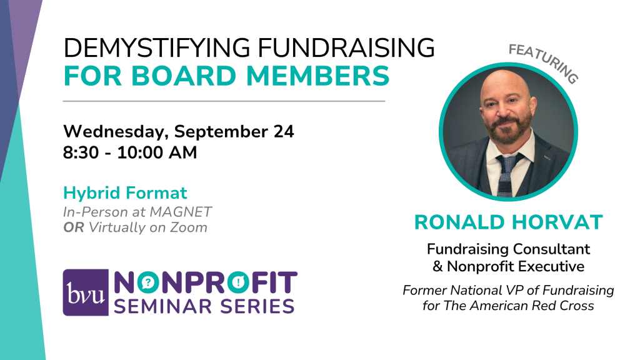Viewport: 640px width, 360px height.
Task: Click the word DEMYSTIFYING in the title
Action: tap(157, 47)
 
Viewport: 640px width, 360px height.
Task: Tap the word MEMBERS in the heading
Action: tap(318, 76)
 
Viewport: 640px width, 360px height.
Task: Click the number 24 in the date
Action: tap(284, 131)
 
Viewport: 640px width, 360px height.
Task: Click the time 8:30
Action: tap(81, 152)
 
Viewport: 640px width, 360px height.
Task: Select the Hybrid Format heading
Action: tap(125, 193)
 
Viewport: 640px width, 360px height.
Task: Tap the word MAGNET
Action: tap(181, 212)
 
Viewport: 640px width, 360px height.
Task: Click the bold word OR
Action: tap(74, 227)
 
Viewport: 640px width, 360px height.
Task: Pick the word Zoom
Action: tap(189, 227)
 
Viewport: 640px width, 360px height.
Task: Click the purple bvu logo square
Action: tap(86, 292)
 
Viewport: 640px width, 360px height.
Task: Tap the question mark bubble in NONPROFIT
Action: tap(147, 282)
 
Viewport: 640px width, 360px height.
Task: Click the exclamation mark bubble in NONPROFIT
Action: tap(238, 282)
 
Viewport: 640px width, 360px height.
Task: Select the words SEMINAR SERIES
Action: tap(204, 306)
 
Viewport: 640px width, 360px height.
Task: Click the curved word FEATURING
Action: tap(544, 61)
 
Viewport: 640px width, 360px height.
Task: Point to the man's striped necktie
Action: tap(506, 175)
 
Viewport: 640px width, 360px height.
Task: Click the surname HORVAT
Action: tap(557, 222)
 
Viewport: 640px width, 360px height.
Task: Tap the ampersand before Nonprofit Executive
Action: tap(437, 266)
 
